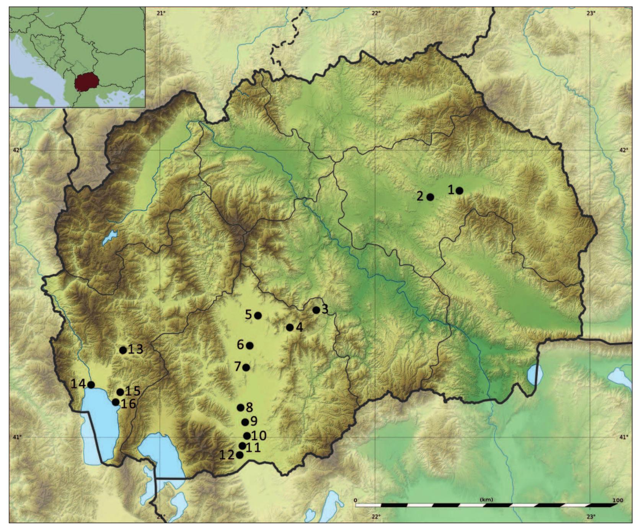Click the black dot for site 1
(x=460, y=190)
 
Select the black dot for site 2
(x=430, y=197)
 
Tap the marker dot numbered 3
(x=316, y=310)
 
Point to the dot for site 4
(x=290, y=327)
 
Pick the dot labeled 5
(x=258, y=316)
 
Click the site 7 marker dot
(x=246, y=368)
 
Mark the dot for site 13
(x=123, y=350)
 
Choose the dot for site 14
(x=91, y=384)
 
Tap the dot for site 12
(x=240, y=455)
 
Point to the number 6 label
(x=240, y=345)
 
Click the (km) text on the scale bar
(x=486, y=500)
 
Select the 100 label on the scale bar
(x=617, y=500)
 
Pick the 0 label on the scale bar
(x=356, y=500)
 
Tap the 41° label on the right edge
(x=624, y=437)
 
